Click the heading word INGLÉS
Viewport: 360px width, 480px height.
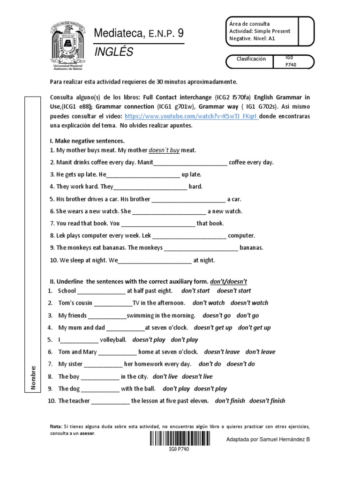pyautogui.click(x=114, y=52)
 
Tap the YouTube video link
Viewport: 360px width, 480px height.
pyautogui.click(x=191, y=116)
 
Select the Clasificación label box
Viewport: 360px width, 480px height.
pyautogui.click(x=251, y=59)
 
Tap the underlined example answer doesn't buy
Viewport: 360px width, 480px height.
pyautogui.click(x=164, y=150)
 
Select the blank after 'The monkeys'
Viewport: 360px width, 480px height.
pyautogui.click(x=201, y=248)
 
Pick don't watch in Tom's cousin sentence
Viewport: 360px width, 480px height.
pyautogui.click(x=209, y=303)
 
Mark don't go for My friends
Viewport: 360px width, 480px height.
pyautogui.click(x=247, y=315)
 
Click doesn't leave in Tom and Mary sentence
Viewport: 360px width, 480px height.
pyautogui.click(x=222, y=352)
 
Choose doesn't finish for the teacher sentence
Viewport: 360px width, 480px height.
pyautogui.click(x=267, y=401)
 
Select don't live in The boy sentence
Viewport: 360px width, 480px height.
pyautogui.click(x=165, y=376)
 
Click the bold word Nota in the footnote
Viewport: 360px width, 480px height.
pyautogui.click(x=55, y=427)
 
